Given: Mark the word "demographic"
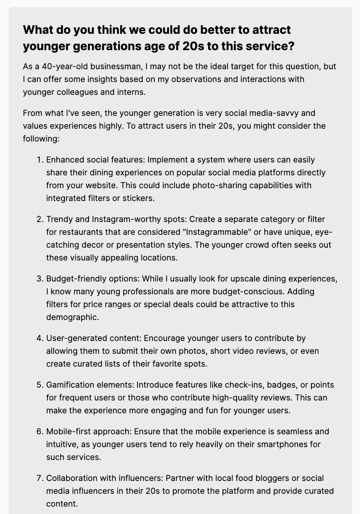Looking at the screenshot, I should coord(72,317).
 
